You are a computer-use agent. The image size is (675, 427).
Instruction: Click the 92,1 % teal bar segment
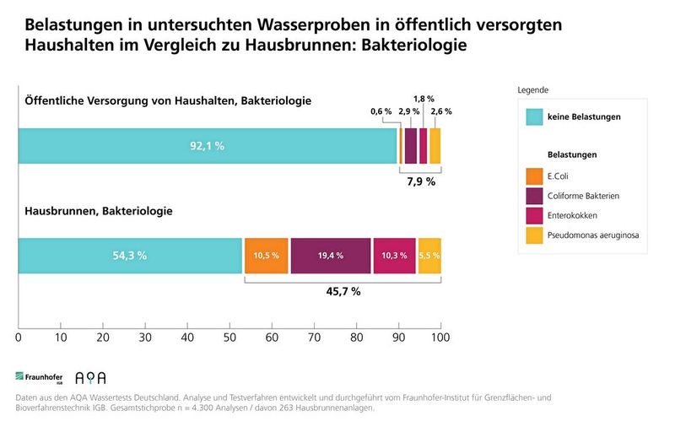click(207, 146)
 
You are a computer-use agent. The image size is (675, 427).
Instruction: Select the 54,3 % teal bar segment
click(130, 256)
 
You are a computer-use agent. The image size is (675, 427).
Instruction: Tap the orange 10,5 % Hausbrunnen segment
click(266, 256)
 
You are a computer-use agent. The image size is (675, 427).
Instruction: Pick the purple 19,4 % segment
click(330, 256)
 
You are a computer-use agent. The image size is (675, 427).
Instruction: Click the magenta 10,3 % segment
click(394, 256)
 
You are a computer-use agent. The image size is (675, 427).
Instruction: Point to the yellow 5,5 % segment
click(429, 256)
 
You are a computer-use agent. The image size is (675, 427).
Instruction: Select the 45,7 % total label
click(343, 291)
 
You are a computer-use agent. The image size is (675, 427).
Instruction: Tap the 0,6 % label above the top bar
click(381, 111)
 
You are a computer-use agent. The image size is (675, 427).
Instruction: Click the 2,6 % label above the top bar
click(440, 111)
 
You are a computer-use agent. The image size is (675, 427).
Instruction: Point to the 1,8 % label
click(424, 98)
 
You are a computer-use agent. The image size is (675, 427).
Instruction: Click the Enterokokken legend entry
click(571, 215)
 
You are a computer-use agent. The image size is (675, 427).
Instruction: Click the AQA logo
click(90, 378)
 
